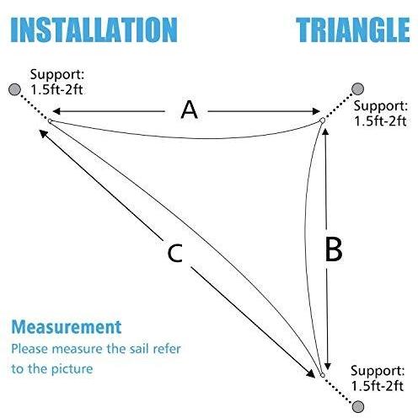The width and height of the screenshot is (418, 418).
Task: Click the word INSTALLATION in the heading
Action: click(94, 30)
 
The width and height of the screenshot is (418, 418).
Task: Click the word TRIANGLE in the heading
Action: click(353, 30)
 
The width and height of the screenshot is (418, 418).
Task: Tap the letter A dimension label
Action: click(189, 110)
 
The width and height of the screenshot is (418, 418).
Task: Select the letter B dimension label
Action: click(334, 249)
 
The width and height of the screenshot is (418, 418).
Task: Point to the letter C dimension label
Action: click(174, 254)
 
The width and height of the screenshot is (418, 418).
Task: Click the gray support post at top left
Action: click(14, 89)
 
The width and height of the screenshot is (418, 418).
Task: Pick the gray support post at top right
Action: click(357, 88)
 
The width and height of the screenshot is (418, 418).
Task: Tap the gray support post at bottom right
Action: click(358, 406)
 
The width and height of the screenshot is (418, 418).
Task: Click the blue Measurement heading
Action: click(67, 327)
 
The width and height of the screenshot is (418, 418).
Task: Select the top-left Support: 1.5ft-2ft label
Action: click(57, 82)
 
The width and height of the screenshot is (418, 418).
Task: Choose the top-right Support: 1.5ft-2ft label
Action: click(380, 114)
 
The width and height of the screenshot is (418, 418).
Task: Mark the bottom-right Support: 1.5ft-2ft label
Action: click(378, 378)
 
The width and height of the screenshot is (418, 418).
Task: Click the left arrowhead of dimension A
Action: click(56, 111)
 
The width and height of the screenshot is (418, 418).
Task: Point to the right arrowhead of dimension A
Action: click(317, 111)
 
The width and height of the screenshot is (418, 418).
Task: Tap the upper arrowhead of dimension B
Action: click(325, 132)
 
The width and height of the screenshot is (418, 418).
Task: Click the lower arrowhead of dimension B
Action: click(328, 366)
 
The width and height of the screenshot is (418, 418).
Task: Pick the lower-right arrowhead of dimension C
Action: click(311, 374)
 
